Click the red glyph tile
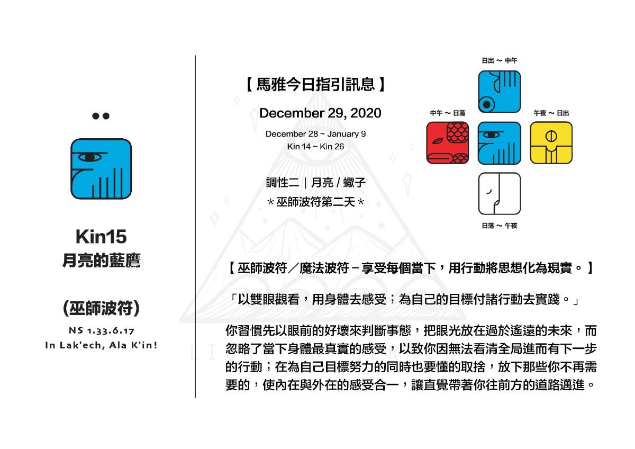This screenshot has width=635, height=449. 447,143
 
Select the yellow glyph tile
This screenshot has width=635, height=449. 551,143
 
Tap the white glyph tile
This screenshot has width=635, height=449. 499,194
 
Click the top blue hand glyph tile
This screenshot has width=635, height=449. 499,92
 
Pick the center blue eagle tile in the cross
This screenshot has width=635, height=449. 499,143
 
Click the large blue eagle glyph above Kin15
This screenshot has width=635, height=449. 101,169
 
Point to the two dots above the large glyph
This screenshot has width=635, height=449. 101,116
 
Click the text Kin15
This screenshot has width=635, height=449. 101,237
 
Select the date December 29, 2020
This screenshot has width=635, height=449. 320,113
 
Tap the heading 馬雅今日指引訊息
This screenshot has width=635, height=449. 315,84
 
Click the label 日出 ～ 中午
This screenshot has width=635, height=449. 499,61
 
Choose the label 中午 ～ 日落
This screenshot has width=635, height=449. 448,113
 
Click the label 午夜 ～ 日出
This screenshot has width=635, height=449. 551,113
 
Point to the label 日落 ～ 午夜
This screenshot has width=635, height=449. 499,226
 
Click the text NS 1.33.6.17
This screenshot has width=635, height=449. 102,331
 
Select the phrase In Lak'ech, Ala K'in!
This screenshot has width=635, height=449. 101,345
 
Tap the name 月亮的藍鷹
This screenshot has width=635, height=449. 101,261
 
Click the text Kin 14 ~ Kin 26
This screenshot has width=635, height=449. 315,147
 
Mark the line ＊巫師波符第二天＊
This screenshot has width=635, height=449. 315,202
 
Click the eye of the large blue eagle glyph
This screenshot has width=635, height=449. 89,157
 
